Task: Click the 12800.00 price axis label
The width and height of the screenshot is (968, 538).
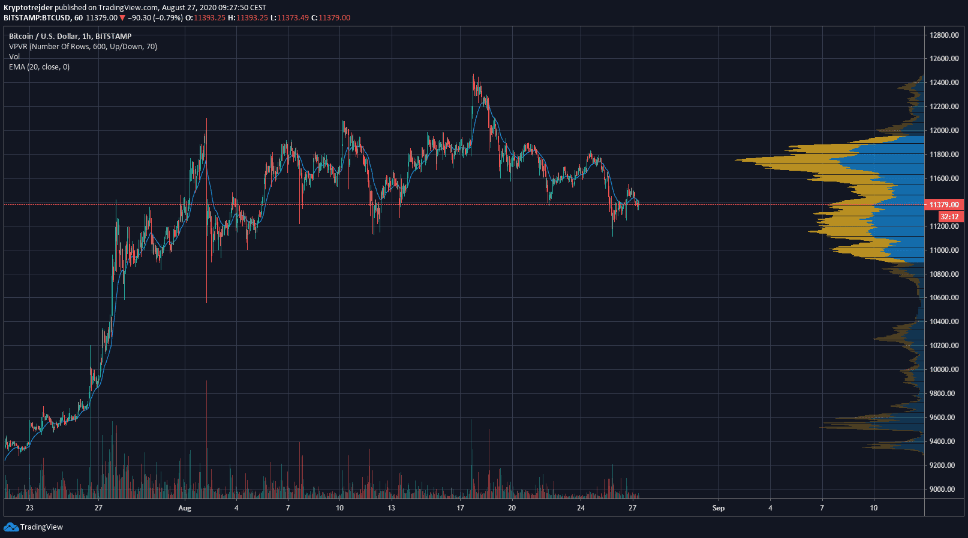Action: pos(944,35)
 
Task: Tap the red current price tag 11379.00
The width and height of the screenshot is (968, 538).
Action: pos(944,205)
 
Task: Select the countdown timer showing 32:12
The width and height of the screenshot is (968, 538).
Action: pos(949,217)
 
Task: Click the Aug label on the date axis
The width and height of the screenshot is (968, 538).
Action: pos(185,508)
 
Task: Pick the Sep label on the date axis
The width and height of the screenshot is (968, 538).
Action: pos(719,508)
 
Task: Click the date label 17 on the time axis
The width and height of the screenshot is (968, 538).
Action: pos(460,508)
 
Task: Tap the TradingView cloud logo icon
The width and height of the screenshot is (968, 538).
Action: pos(11,527)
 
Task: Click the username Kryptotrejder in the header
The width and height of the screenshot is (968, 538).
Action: pos(28,8)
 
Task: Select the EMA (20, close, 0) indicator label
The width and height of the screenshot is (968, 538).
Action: pos(39,67)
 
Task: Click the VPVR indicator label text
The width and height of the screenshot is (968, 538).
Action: pos(83,47)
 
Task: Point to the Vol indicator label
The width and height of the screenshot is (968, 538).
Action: pos(14,57)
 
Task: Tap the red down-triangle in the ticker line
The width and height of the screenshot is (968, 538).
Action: pos(122,18)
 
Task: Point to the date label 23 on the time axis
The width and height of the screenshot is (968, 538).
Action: pos(29,508)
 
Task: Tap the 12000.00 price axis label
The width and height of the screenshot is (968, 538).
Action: pos(944,131)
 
